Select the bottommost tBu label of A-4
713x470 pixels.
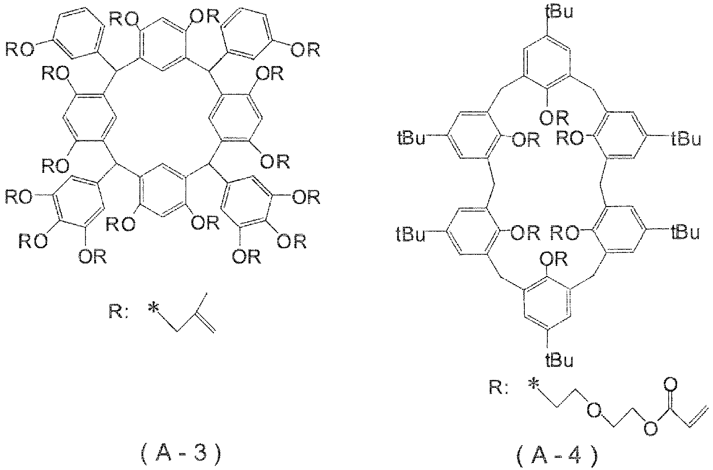559,360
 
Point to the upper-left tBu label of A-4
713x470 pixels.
411,139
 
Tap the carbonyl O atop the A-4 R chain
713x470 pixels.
670,385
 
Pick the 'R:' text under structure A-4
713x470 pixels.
499,388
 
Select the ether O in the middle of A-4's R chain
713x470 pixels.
594,411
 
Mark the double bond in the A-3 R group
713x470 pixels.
206,323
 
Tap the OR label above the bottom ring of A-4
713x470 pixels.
554,259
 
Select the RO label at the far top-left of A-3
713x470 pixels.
20,50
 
